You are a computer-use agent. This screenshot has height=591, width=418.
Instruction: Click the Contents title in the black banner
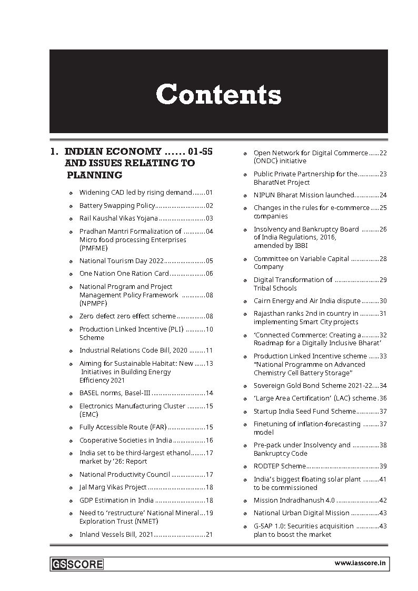click(218, 95)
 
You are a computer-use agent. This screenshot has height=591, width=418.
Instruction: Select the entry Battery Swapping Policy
click(117, 206)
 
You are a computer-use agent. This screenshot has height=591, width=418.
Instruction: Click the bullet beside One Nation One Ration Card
click(71, 274)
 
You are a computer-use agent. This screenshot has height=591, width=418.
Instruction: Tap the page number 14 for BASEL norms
click(209, 393)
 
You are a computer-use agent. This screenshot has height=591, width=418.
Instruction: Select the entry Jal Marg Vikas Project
click(113, 487)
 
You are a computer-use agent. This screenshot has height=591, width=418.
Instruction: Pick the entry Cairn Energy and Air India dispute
click(307, 301)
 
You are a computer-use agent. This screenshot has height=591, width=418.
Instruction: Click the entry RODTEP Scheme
click(280, 466)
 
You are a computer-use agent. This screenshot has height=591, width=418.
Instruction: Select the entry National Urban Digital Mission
click(301, 513)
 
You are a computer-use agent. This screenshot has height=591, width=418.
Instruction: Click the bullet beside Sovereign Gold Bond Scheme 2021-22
click(245, 386)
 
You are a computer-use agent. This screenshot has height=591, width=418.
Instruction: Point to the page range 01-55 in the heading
click(200, 152)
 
